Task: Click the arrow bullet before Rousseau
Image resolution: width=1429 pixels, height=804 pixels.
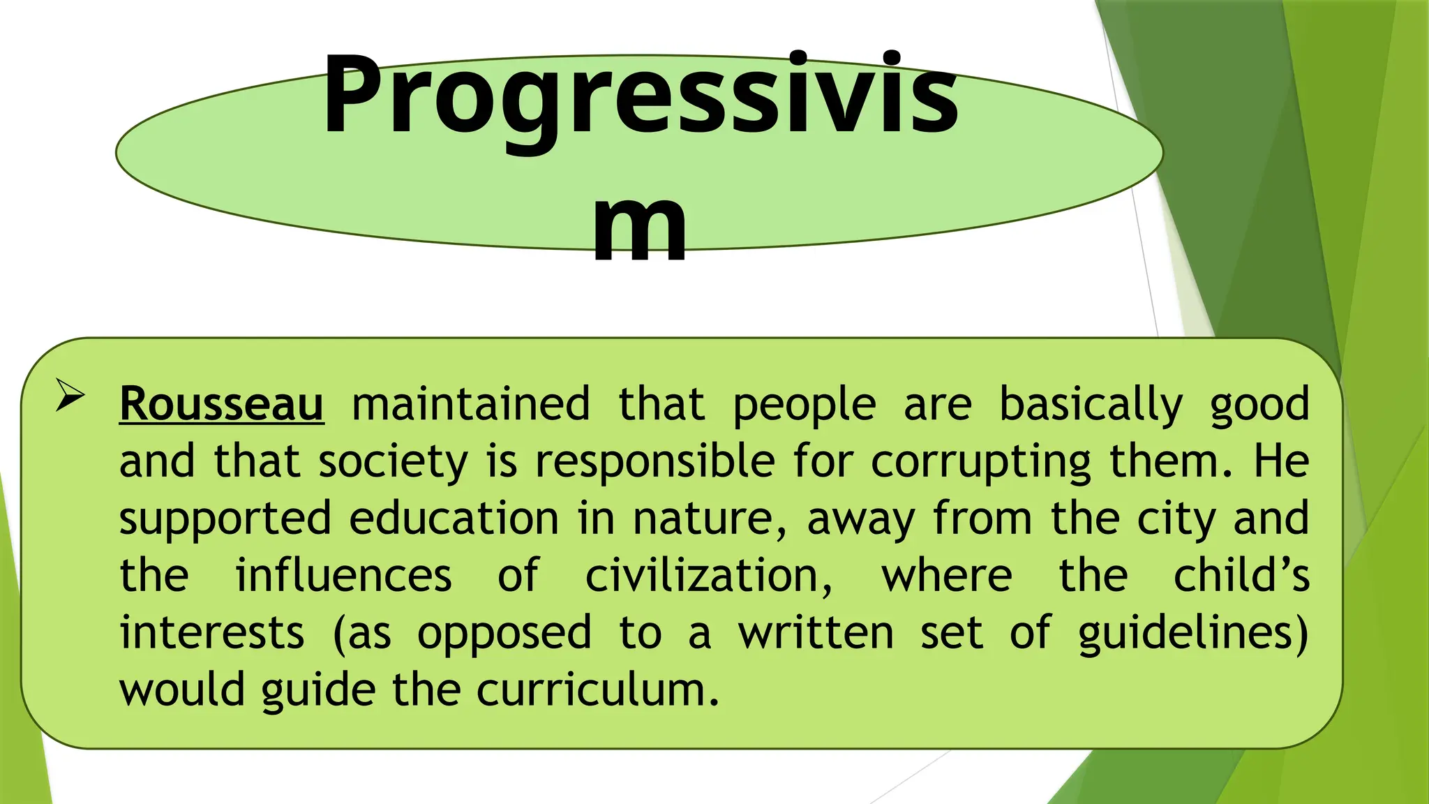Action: pyautogui.click(x=70, y=396)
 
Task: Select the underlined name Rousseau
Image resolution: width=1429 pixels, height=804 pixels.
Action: pyautogui.click(x=221, y=404)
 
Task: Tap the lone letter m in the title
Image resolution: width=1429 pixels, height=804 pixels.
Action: pyautogui.click(x=640, y=228)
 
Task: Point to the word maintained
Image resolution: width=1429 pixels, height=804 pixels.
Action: pyautogui.click(x=471, y=404)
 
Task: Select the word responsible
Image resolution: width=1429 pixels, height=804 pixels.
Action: pyautogui.click(x=654, y=463)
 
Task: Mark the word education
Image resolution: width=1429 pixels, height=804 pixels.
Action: pyautogui.click(x=454, y=519)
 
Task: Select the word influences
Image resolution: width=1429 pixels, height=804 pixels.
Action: pyautogui.click(x=343, y=576)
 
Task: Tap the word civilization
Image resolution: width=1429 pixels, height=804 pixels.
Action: pyautogui.click(x=708, y=576)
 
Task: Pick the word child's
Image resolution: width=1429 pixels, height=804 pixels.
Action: pyautogui.click(x=1241, y=576)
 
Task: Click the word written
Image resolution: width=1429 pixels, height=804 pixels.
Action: pyautogui.click(x=816, y=633)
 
